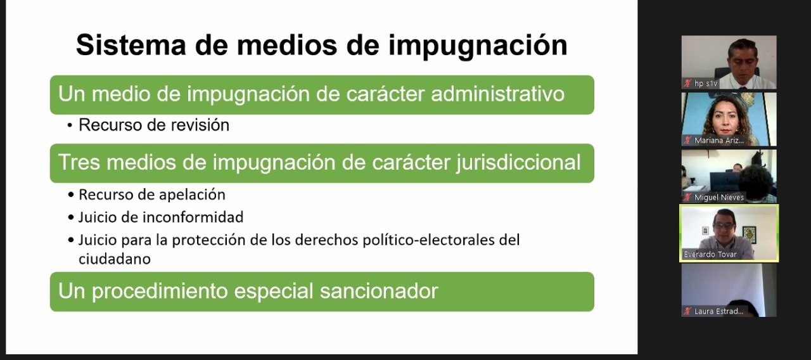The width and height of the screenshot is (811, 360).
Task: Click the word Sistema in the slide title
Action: [x=131, y=45]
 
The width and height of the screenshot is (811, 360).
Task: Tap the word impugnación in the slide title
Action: [x=478, y=46]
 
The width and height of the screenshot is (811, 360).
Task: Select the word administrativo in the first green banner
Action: [x=498, y=94]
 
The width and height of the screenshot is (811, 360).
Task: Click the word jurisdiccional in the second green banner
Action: [x=518, y=163]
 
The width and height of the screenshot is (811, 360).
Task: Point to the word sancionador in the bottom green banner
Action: [x=379, y=291]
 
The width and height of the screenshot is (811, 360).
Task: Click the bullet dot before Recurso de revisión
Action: [x=70, y=125]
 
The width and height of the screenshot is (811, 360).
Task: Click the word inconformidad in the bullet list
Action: [x=193, y=217]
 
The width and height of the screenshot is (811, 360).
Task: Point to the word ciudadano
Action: [x=115, y=259]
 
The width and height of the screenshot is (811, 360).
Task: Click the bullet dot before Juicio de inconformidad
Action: [x=70, y=218]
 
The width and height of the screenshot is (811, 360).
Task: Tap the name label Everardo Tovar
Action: [x=710, y=254]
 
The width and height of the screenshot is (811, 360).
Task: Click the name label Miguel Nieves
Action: [x=719, y=197]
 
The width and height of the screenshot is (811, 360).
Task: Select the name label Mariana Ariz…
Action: [x=719, y=141]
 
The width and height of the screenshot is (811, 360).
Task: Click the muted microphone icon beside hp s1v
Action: [x=687, y=83]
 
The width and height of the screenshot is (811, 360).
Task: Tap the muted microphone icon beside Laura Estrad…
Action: [x=687, y=311]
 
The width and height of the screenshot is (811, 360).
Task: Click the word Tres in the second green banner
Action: [x=79, y=162]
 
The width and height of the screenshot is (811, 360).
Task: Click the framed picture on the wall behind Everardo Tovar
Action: [x=750, y=235]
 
